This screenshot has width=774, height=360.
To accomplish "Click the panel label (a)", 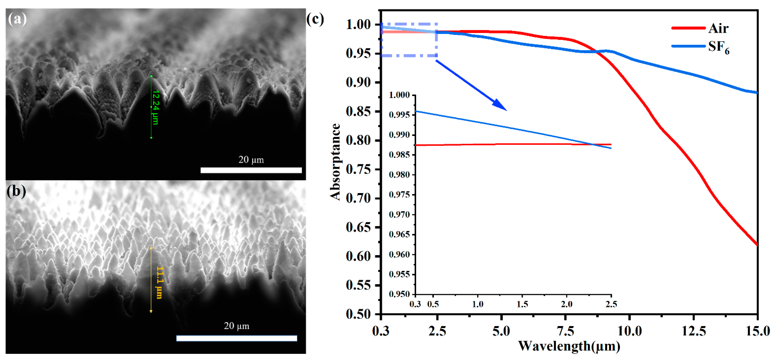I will (17, 19).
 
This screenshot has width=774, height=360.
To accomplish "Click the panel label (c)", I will (315, 19).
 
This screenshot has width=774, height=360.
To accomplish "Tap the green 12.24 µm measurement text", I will (155, 107).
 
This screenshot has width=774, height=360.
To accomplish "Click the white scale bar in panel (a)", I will (251, 170).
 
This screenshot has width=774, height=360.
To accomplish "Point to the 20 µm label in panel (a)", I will (251, 160).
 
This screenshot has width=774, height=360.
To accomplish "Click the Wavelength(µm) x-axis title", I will (569, 346).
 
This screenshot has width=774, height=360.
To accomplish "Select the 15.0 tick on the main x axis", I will (757, 331).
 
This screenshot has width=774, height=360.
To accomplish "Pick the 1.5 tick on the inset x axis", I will (522, 304).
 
